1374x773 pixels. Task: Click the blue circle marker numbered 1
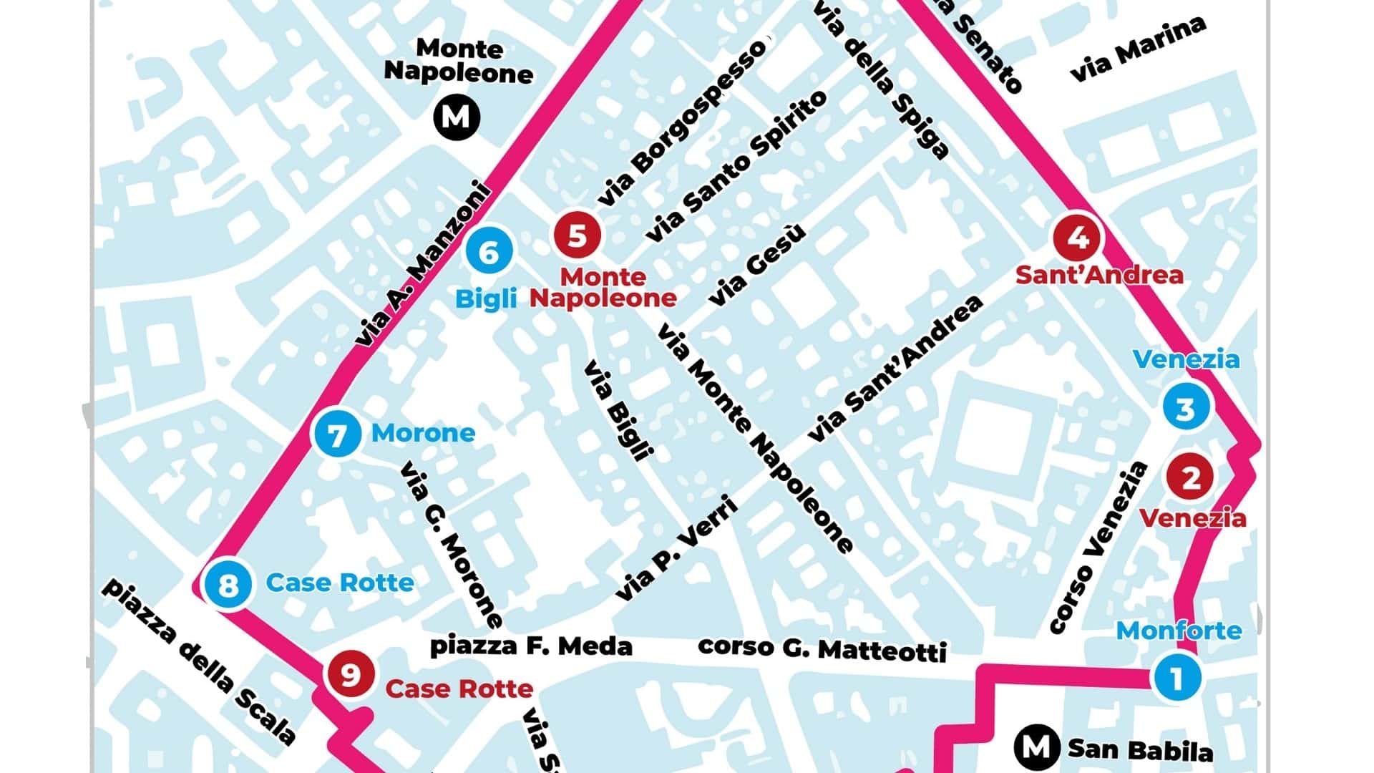click(x=1177, y=676)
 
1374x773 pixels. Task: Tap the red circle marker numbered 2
click(x=1190, y=477)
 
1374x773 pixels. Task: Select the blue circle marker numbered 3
click(x=1186, y=408)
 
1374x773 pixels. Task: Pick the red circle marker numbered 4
click(x=1078, y=238)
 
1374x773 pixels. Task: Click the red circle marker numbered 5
click(x=577, y=235)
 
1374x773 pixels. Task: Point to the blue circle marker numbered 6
click(x=489, y=252)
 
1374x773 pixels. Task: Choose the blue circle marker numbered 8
click(x=228, y=585)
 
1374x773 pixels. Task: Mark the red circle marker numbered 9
click(x=350, y=674)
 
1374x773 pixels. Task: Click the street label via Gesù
click(x=757, y=265)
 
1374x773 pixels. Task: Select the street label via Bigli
click(x=619, y=411)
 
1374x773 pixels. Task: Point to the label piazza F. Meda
click(x=530, y=646)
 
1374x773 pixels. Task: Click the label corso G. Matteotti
click(x=822, y=648)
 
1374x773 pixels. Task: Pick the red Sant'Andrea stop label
click(x=1099, y=275)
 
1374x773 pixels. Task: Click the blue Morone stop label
click(x=423, y=433)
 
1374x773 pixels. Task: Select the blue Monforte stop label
click(x=1179, y=631)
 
